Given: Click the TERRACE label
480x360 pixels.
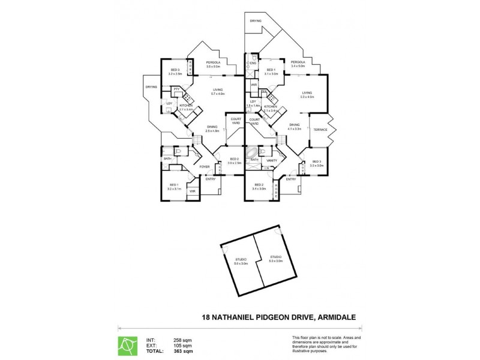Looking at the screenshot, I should (x=319, y=129).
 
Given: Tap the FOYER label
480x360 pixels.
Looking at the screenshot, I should (x=204, y=167).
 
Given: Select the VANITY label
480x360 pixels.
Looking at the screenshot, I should (x=272, y=160).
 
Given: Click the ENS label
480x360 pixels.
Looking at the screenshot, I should (x=254, y=62).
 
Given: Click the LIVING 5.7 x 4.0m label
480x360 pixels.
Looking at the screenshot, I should (x=217, y=92).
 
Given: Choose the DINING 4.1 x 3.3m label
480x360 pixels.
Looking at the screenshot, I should (x=294, y=127).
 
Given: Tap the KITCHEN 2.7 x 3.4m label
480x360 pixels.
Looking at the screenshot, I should (x=186, y=107).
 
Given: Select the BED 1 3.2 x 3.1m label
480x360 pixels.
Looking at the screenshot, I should (x=174, y=187).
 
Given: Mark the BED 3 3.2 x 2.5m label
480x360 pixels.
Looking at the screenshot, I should (x=175, y=72).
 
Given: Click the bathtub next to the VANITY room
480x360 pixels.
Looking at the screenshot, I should (x=254, y=152).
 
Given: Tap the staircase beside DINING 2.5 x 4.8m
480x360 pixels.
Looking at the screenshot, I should (x=196, y=142).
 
